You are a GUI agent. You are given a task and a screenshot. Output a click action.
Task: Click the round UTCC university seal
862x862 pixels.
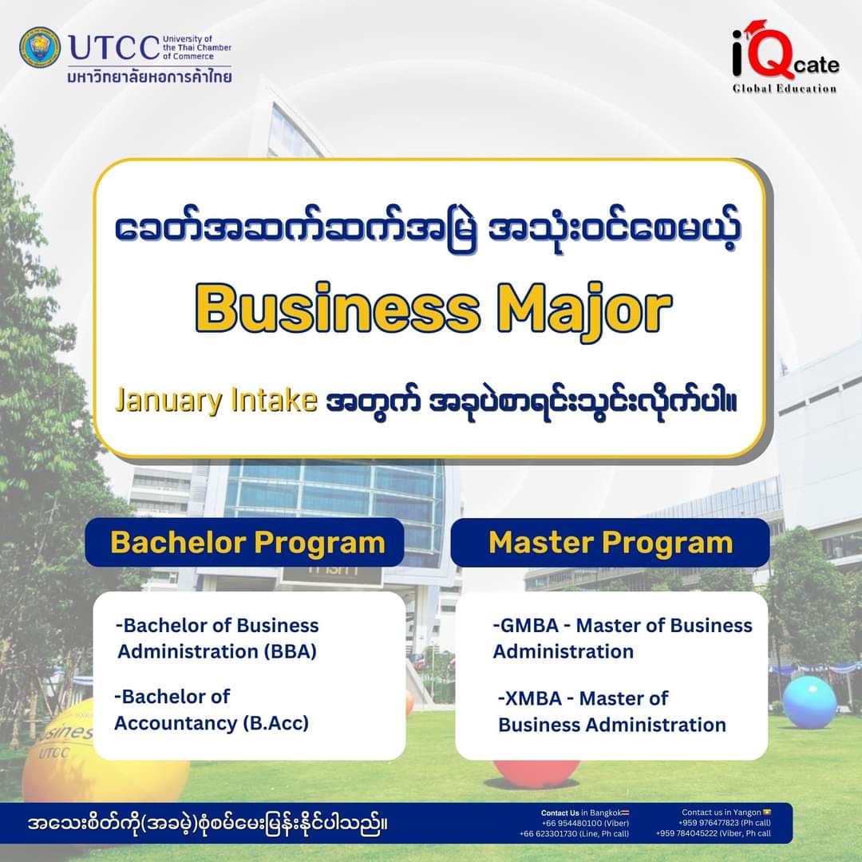point(40,47)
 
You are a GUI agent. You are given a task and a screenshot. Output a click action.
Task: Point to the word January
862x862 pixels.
point(168,401)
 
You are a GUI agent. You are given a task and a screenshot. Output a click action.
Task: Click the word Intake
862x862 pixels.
point(274,400)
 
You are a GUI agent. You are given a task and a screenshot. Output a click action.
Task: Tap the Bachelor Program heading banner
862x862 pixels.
point(245,542)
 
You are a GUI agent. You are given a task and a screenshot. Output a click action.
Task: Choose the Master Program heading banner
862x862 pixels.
point(610,543)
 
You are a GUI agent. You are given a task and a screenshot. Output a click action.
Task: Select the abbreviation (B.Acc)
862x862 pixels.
point(276,723)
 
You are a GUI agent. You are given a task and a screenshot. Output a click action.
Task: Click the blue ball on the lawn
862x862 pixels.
point(809,702)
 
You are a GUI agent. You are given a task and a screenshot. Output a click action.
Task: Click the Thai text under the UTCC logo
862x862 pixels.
point(149,77)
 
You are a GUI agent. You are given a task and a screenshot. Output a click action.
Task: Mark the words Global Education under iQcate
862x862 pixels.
point(785,89)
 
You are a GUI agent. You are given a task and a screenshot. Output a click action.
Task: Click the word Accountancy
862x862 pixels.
point(176,723)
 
